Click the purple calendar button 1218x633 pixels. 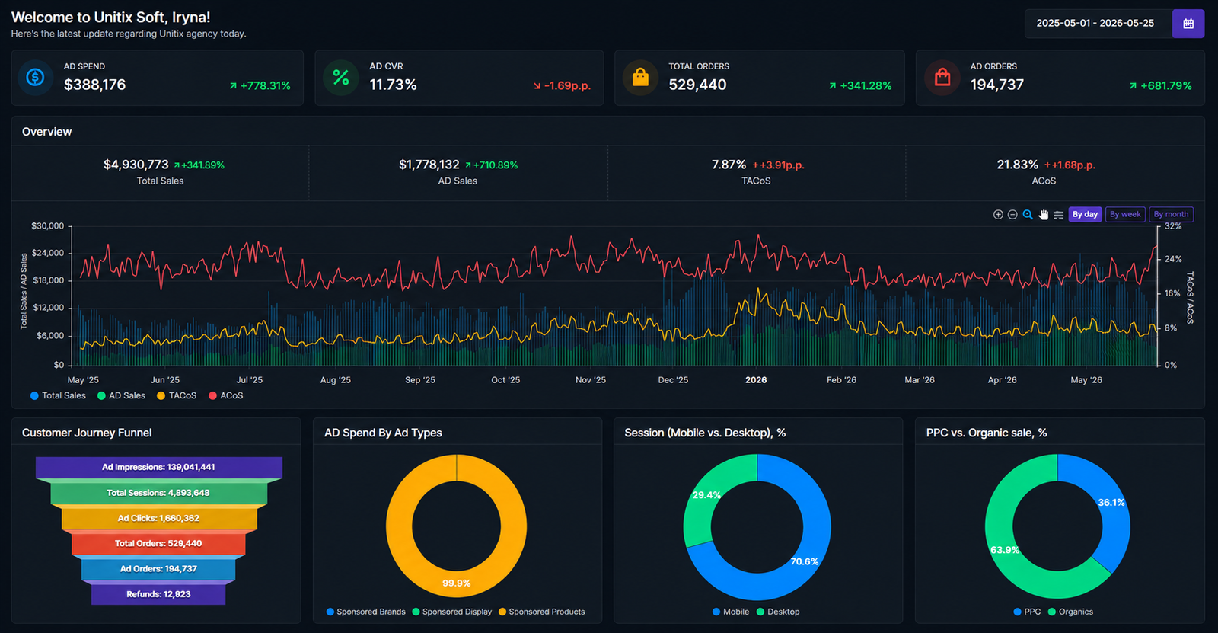pyautogui.click(x=1188, y=24)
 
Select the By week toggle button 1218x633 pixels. pyautogui.click(x=1125, y=215)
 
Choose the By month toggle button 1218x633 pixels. pyautogui.click(x=1171, y=215)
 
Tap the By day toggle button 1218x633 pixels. pyautogui.click(x=1085, y=215)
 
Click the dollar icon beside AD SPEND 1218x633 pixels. pyautogui.click(x=35, y=77)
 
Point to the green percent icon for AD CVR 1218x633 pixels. pyautogui.click(x=341, y=77)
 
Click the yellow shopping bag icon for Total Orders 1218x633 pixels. pyautogui.click(x=640, y=77)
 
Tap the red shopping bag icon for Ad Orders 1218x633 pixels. pyautogui.click(x=942, y=77)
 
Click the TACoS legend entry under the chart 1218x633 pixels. pyautogui.click(x=177, y=395)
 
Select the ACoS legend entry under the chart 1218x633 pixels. pyautogui.click(x=225, y=395)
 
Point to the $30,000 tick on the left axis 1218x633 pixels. pyautogui.click(x=48, y=226)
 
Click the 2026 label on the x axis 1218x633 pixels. pyautogui.click(x=756, y=380)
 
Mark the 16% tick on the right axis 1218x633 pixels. pyautogui.click(x=1173, y=293)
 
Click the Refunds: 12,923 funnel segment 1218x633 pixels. pyautogui.click(x=158, y=594)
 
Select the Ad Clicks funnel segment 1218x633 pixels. pyautogui.click(x=158, y=518)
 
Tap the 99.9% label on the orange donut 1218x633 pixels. pyautogui.click(x=456, y=583)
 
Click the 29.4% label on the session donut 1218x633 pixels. pyautogui.click(x=706, y=495)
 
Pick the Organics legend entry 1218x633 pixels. pyautogui.click(x=1070, y=612)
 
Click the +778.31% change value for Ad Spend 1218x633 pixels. pyautogui.click(x=266, y=86)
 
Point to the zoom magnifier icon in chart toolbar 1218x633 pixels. pyautogui.click(x=1028, y=215)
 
